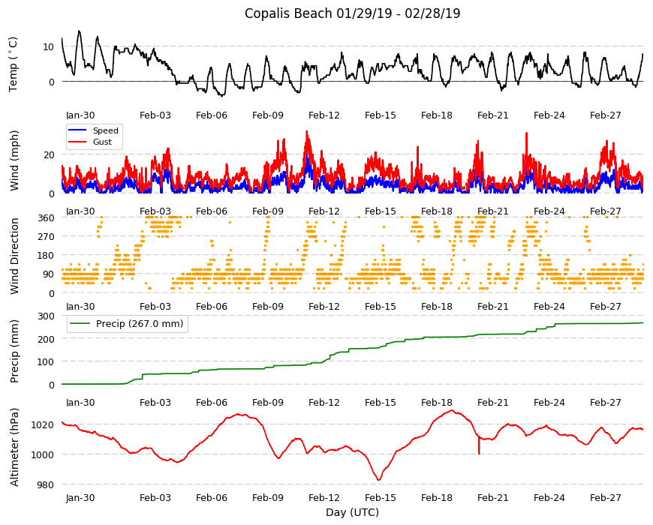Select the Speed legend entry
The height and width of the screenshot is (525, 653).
click(105, 130)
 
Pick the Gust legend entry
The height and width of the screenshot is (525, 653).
click(102, 142)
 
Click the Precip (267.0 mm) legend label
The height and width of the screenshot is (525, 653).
click(140, 324)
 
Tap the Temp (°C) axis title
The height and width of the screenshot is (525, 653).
click(14, 64)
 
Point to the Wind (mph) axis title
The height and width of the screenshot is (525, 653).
click(14, 160)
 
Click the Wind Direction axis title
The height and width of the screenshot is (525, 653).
click(14, 256)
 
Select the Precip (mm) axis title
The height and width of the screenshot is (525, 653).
click(14, 351)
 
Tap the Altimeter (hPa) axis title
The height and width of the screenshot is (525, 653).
click(14, 447)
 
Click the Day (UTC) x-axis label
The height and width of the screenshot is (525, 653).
click(352, 512)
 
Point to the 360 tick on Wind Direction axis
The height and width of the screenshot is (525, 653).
click(46, 217)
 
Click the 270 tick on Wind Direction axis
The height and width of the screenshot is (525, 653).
click(46, 236)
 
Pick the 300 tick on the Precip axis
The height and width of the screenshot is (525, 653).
click(46, 316)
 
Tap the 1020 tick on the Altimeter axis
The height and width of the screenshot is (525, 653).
click(43, 424)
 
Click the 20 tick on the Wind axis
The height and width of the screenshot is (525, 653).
click(49, 154)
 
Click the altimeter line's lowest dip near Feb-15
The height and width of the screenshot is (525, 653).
click(378, 480)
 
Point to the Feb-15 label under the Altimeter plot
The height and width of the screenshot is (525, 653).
click(381, 498)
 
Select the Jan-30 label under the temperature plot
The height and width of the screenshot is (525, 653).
click(80, 115)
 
